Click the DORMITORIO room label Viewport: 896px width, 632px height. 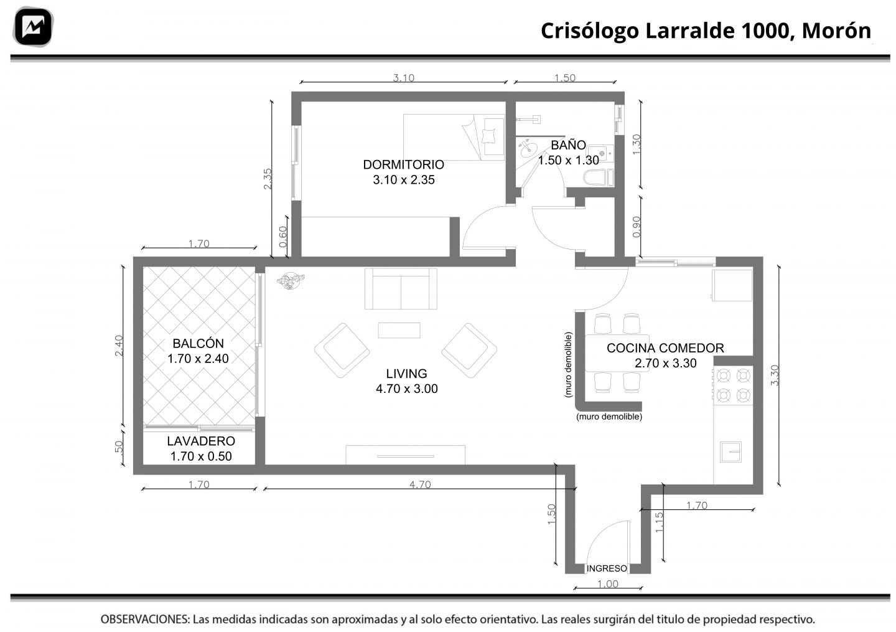click(x=403, y=164)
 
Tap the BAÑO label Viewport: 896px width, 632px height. click(x=568, y=145)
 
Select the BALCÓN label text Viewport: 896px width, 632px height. click(x=198, y=343)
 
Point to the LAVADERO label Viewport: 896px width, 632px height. click(x=201, y=441)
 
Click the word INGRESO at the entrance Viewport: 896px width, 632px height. click(x=607, y=568)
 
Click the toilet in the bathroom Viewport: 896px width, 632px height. click(x=599, y=177)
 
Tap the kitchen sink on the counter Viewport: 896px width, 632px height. click(x=730, y=452)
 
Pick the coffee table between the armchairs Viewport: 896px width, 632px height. click(x=399, y=330)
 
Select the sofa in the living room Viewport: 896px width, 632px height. click(x=401, y=288)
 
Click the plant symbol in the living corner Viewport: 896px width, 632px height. click(x=291, y=280)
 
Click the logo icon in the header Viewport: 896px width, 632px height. click(x=33, y=27)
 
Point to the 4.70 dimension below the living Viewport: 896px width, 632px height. click(x=420, y=484)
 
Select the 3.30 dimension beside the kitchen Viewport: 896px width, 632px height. click(x=775, y=375)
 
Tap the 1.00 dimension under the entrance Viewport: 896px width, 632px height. click(x=607, y=584)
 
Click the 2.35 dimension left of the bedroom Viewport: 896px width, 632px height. click(x=267, y=179)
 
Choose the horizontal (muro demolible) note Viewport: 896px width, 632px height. click(x=609, y=417)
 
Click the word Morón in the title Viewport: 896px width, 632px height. click(x=836, y=31)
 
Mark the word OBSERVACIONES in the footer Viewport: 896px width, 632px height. click(x=145, y=620)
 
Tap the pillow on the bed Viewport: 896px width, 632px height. click(x=488, y=136)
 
